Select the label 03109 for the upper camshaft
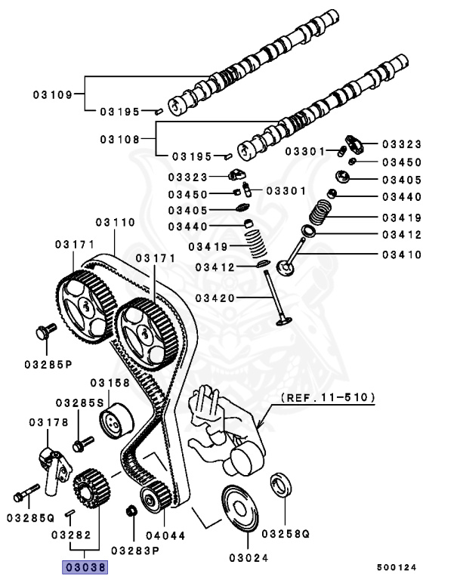52,95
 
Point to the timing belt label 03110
115,223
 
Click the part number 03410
402,255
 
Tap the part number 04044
164,536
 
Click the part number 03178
50,422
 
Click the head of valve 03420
283,322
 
